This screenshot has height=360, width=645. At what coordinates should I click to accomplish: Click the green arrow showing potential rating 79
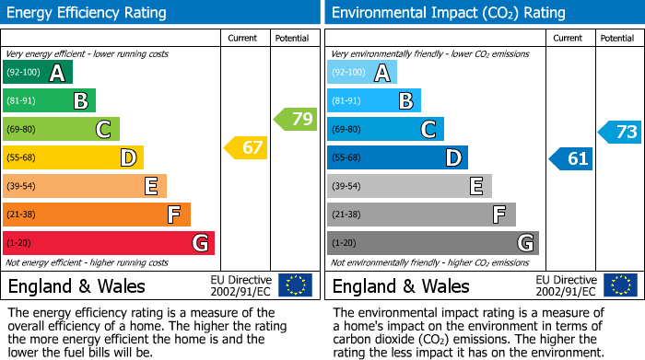click(296, 119)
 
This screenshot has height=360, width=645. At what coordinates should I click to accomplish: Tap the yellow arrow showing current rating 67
click(246, 147)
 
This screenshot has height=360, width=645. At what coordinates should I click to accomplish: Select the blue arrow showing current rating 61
click(570, 158)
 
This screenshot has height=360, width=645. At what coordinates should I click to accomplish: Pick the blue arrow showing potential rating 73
click(619, 132)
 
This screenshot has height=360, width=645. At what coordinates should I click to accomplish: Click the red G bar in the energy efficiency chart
click(109, 243)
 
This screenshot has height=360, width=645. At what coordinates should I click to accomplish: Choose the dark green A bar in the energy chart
click(38, 73)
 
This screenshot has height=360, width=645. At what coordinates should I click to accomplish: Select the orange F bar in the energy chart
click(97, 215)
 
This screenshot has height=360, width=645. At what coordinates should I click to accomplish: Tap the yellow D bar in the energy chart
click(73, 157)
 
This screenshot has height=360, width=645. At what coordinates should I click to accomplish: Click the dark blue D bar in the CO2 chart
click(397, 157)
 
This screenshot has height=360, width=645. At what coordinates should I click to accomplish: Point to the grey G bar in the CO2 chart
click(433, 243)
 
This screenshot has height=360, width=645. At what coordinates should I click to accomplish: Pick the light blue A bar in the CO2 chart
click(362, 73)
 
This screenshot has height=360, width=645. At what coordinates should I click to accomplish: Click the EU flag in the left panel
click(295, 285)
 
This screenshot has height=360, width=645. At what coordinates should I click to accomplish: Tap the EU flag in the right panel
click(619, 285)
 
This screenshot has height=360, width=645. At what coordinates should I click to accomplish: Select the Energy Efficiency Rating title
click(88, 13)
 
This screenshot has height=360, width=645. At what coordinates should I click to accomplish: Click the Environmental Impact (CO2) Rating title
click(448, 13)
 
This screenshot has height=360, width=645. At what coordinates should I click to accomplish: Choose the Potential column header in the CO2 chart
click(617, 38)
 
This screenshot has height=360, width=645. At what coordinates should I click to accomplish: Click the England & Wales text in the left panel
click(76, 285)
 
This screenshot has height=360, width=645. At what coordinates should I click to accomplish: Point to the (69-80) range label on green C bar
click(23, 130)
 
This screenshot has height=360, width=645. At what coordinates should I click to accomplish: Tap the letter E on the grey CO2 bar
click(475, 186)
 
